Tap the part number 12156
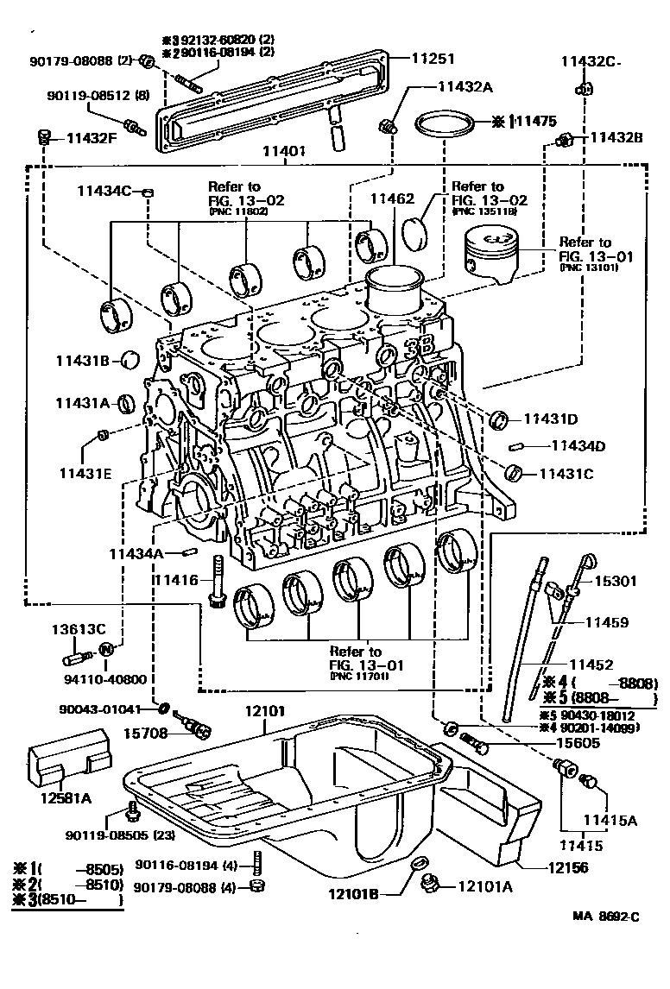click(x=552, y=868)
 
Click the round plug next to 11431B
click(x=130, y=358)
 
